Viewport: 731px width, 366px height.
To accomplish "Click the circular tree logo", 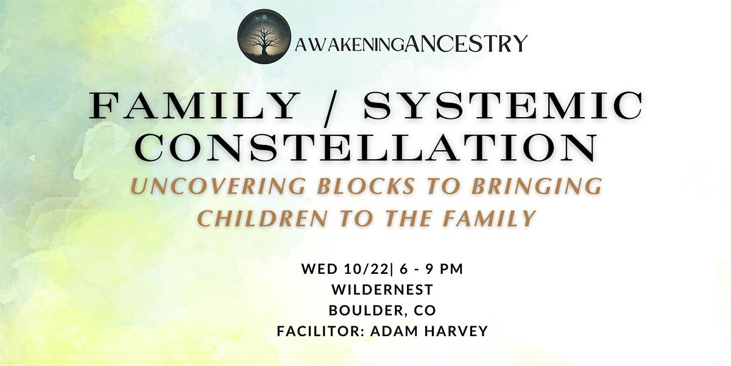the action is (264, 36).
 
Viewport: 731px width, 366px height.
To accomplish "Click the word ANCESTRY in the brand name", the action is (466, 43).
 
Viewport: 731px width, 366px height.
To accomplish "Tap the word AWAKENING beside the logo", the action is (350, 46).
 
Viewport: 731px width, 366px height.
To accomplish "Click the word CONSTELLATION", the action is (367, 148).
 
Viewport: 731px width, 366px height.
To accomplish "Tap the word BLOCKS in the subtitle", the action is (366, 186).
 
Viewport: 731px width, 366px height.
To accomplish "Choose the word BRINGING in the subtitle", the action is (537, 186).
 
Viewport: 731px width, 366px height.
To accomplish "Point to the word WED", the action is (319, 269).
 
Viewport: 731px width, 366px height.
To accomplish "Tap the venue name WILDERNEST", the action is (382, 290).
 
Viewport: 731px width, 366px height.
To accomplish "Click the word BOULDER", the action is (368, 310).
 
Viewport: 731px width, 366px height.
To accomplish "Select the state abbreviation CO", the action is (425, 310).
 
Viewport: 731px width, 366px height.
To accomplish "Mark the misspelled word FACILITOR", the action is (320, 331).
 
